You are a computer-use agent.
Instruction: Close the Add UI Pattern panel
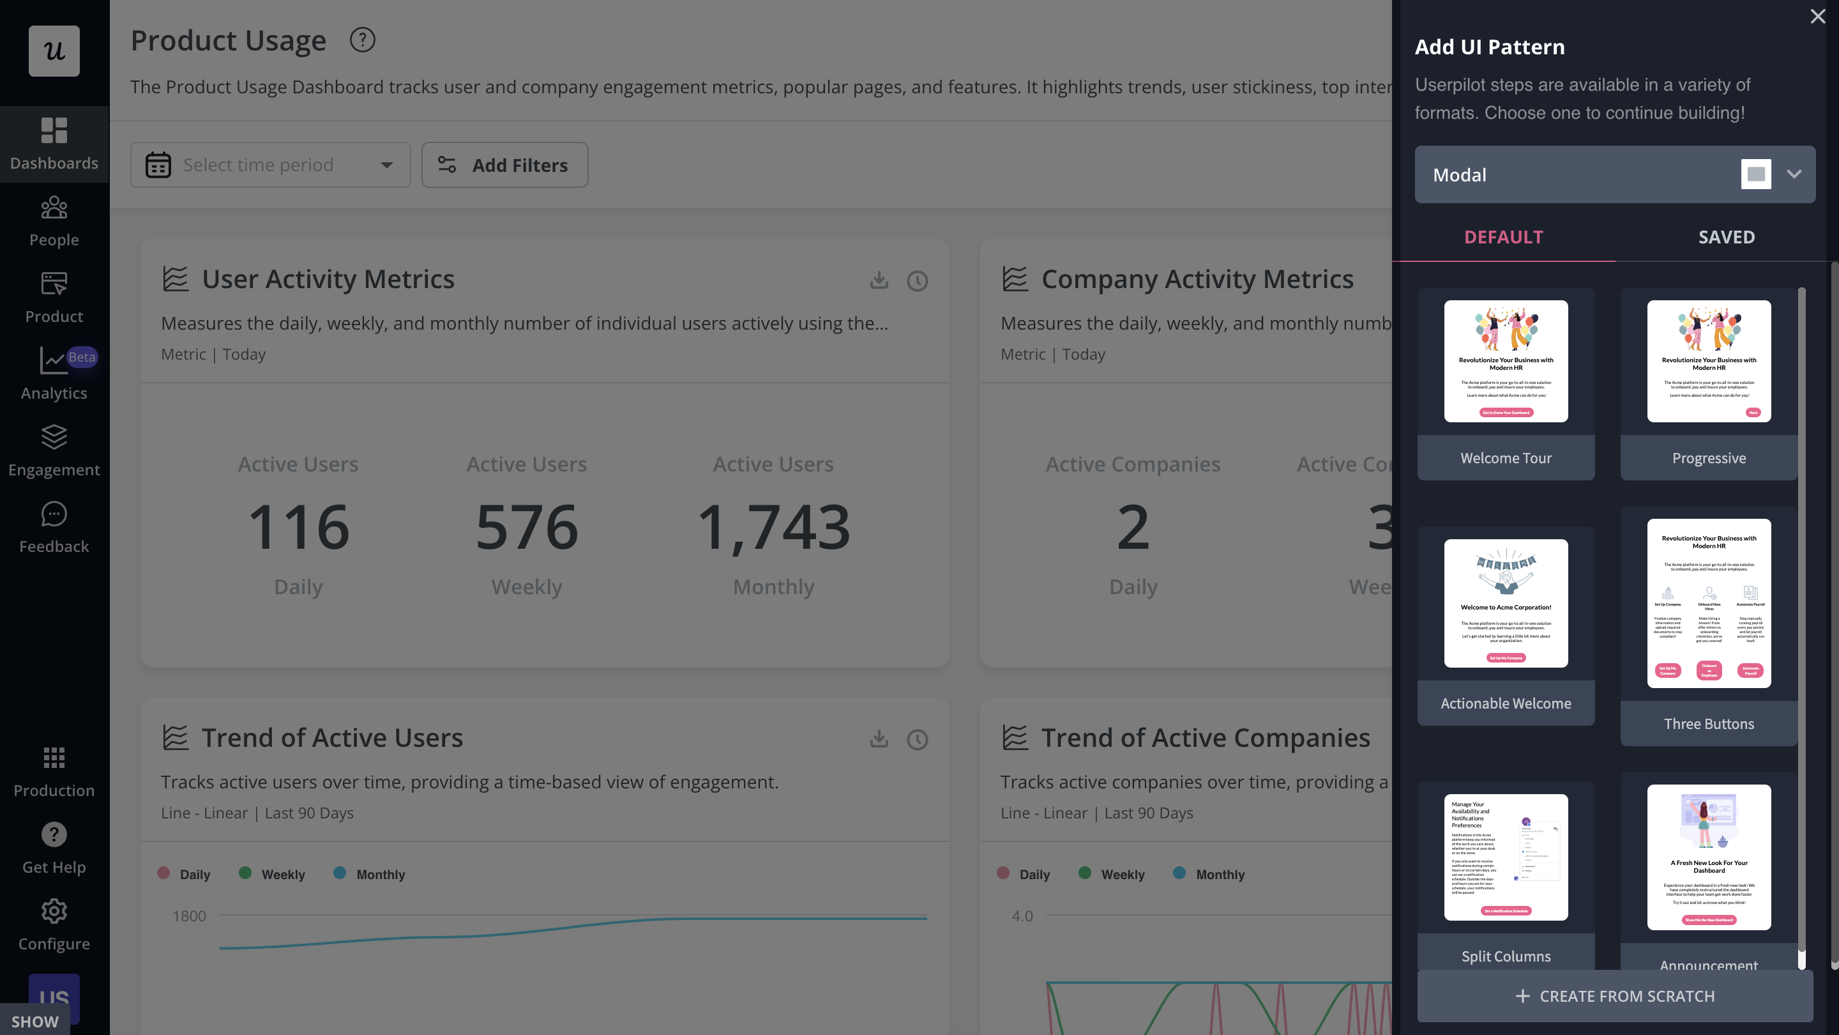point(1817,17)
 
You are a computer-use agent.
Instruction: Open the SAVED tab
point(1726,237)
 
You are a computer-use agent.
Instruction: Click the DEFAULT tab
point(1504,237)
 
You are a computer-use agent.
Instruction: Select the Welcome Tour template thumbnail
point(1506,361)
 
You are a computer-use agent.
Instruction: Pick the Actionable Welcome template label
point(1506,703)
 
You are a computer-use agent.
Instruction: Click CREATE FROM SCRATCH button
point(1615,996)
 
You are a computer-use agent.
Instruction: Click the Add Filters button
point(504,165)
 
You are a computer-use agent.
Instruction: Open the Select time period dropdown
point(271,165)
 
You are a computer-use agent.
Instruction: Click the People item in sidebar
point(54,222)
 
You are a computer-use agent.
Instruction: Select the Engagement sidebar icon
point(54,437)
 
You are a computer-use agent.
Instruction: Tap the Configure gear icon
point(54,912)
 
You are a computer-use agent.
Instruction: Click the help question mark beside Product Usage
point(362,41)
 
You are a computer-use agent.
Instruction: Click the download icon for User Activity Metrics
point(879,280)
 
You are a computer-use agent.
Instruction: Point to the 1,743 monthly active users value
point(773,527)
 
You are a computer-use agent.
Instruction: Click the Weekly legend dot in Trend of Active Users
point(245,873)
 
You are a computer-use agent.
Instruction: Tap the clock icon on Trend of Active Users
point(918,739)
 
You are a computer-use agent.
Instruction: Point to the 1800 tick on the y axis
point(189,916)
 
